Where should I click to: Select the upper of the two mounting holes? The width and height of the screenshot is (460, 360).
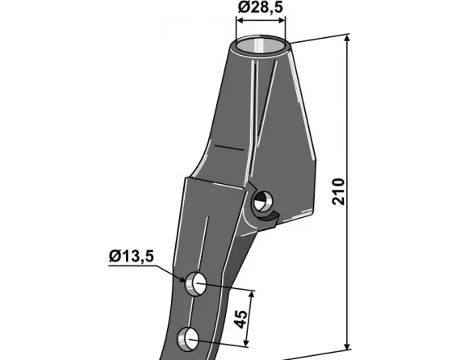point(195,284)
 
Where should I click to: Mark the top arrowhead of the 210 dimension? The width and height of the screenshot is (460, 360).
point(347,40)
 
